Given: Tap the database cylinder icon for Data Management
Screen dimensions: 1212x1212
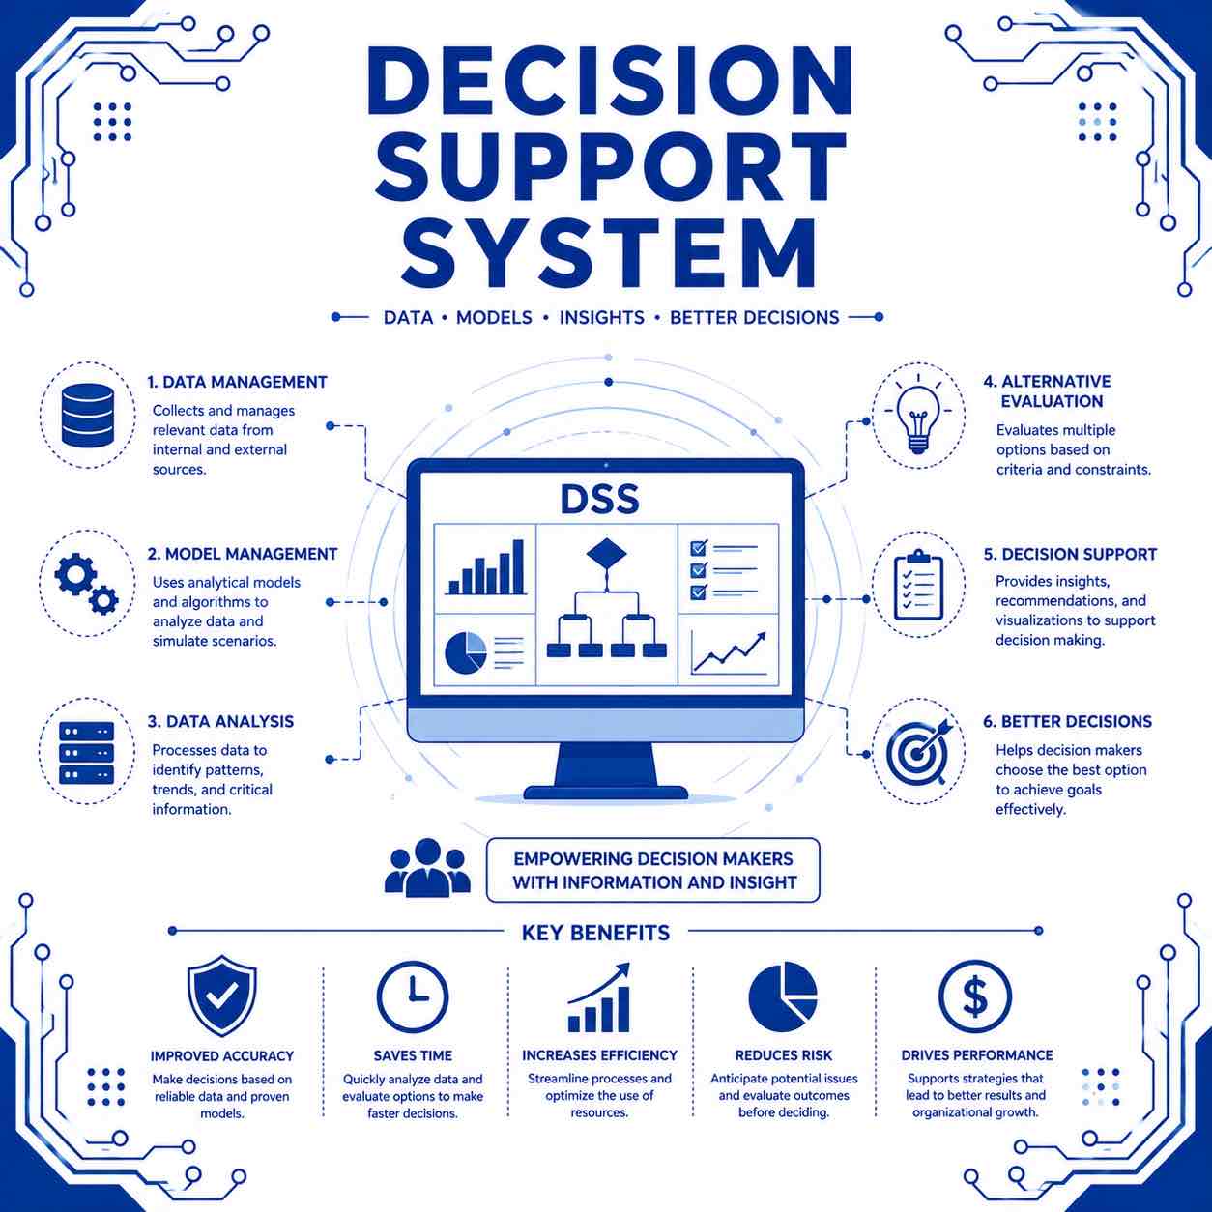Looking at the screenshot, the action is pyautogui.click(x=88, y=415).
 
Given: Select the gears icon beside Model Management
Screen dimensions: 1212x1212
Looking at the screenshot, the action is pyautogui.click(x=87, y=583).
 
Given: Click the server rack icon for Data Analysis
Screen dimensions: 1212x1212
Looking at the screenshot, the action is pyautogui.click(x=87, y=752).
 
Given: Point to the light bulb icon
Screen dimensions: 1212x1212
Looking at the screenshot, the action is pyautogui.click(x=918, y=414).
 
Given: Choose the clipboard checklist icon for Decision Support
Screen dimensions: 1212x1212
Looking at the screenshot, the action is pyautogui.click(x=918, y=585).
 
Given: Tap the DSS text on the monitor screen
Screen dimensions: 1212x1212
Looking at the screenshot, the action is pyautogui.click(x=599, y=500).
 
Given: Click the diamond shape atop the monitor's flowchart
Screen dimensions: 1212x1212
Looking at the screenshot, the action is pyautogui.click(x=606, y=554).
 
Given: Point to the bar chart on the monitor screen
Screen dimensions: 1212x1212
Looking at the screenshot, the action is pyautogui.click(x=486, y=567).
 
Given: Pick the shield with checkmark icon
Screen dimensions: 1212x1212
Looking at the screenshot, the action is pyautogui.click(x=222, y=995).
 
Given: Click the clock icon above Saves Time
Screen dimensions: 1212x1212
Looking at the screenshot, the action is pyautogui.click(x=413, y=996).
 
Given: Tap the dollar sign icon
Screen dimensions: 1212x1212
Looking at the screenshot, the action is pyautogui.click(x=975, y=996).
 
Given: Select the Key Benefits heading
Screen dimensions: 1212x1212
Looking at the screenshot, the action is pyautogui.click(x=595, y=932).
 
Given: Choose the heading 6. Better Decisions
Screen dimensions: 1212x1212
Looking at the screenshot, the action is pyautogui.click(x=1067, y=721).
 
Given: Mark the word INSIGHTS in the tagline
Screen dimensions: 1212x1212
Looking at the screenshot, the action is pyautogui.click(x=602, y=318).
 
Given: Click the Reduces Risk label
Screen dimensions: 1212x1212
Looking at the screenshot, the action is pyautogui.click(x=784, y=1055).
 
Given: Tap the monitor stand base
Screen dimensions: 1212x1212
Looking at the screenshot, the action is pyautogui.click(x=606, y=793).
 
